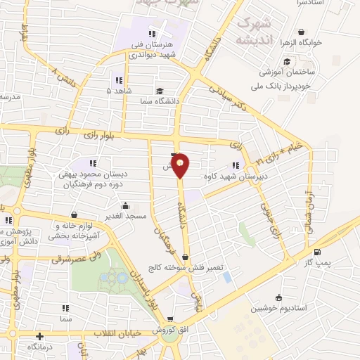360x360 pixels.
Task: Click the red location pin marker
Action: point(181,165)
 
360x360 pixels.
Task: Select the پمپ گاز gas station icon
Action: point(318,253)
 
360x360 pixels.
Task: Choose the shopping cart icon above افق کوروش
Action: point(169,318)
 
